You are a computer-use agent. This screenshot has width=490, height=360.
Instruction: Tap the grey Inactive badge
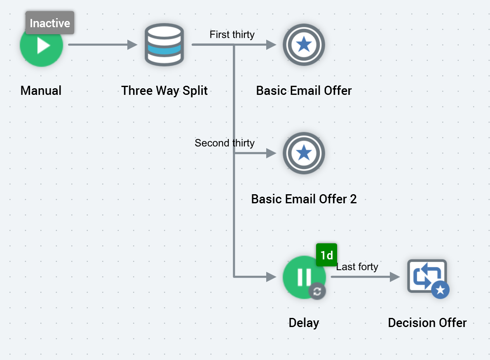click(50, 23)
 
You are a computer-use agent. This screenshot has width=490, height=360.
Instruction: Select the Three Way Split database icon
click(164, 45)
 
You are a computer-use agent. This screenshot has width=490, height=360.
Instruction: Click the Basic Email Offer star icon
click(304, 45)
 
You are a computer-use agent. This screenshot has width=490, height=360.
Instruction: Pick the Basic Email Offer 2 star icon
click(304, 153)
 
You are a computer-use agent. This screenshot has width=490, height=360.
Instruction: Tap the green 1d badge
click(326, 255)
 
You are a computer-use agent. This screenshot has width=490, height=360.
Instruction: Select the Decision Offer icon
click(427, 276)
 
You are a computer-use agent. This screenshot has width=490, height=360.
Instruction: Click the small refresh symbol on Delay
click(317, 292)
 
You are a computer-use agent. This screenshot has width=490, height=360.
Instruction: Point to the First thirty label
click(232, 35)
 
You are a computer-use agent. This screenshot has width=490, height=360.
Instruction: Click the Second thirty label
click(225, 143)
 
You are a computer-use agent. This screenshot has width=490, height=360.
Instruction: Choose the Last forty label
click(357, 267)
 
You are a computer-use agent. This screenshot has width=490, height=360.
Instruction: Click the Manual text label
click(41, 91)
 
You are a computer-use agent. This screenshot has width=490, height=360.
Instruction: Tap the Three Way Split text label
click(164, 91)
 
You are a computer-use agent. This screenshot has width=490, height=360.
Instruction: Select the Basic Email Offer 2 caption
click(304, 199)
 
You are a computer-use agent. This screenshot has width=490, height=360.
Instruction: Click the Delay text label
click(304, 323)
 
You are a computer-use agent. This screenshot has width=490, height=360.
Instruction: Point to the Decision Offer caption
click(427, 323)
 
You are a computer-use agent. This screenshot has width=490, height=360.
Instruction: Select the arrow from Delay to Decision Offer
click(365, 277)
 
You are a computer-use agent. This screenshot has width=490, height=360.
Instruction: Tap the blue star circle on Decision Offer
click(440, 290)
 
